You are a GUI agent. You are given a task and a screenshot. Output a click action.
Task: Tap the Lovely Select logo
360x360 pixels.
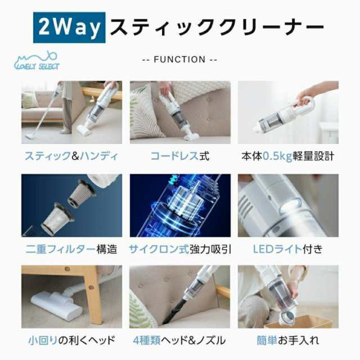pos(37,61)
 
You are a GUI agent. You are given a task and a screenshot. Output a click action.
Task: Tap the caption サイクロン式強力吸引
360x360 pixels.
pos(180,248)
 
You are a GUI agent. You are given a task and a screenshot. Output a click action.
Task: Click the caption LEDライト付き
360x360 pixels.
pos(287,248)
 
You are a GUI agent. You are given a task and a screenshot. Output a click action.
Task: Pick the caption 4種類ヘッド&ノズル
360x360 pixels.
pos(180,340)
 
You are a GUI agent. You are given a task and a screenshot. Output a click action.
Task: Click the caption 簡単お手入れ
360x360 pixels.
pos(287,340)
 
